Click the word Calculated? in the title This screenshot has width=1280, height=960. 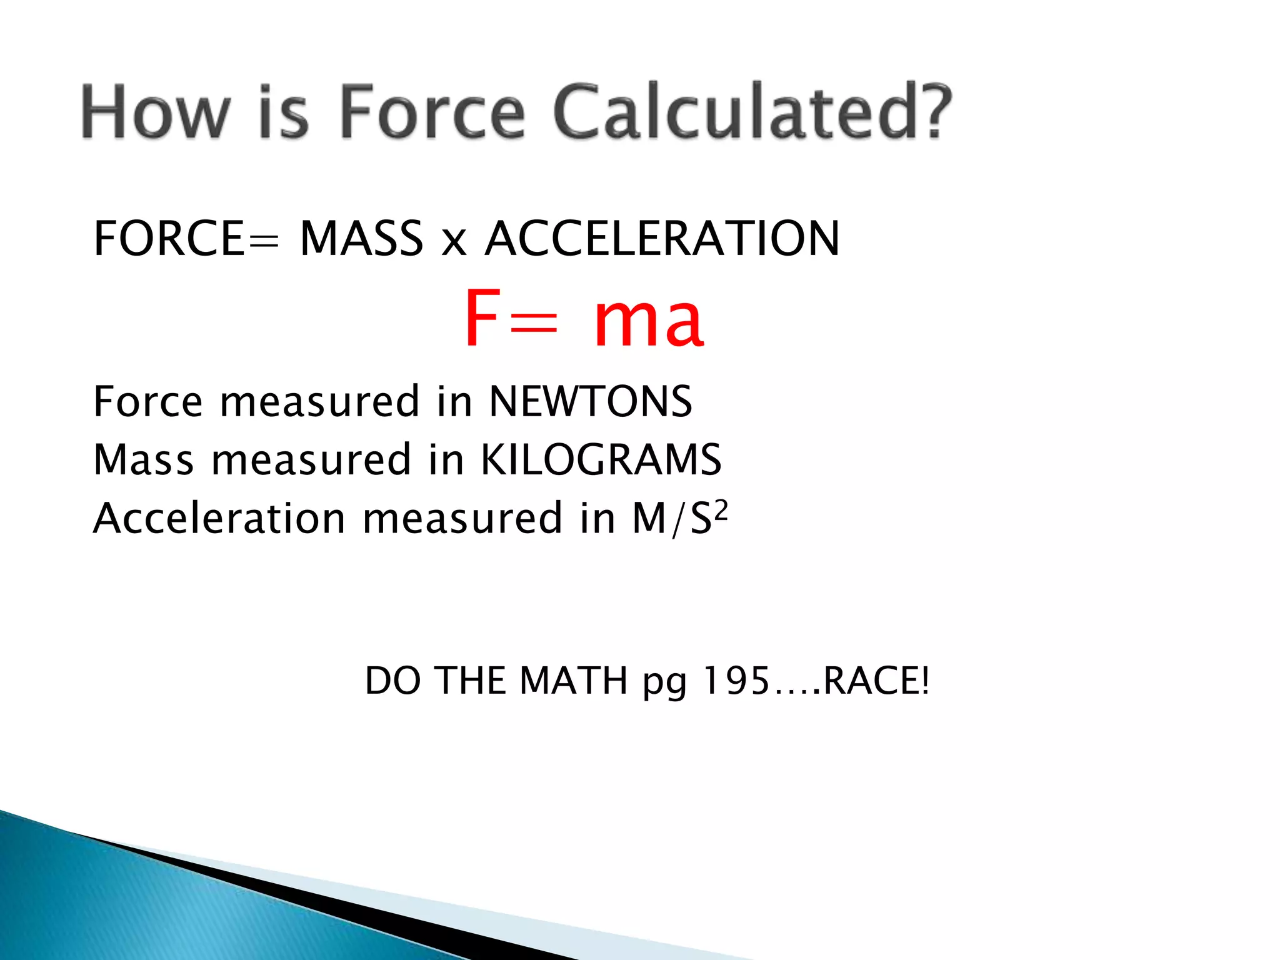(752, 112)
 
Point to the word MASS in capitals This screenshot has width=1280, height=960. (362, 239)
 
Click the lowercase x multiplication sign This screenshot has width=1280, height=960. (454, 242)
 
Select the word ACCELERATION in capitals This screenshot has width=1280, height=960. (662, 239)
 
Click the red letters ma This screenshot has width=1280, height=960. (648, 322)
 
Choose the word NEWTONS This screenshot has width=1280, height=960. (590, 401)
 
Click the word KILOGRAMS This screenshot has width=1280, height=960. (601, 459)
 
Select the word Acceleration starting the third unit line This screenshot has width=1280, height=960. (219, 518)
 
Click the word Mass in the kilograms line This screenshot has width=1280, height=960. (143, 460)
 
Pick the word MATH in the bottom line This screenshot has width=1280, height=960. (573, 681)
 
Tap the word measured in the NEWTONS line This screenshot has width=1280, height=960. (319, 402)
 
